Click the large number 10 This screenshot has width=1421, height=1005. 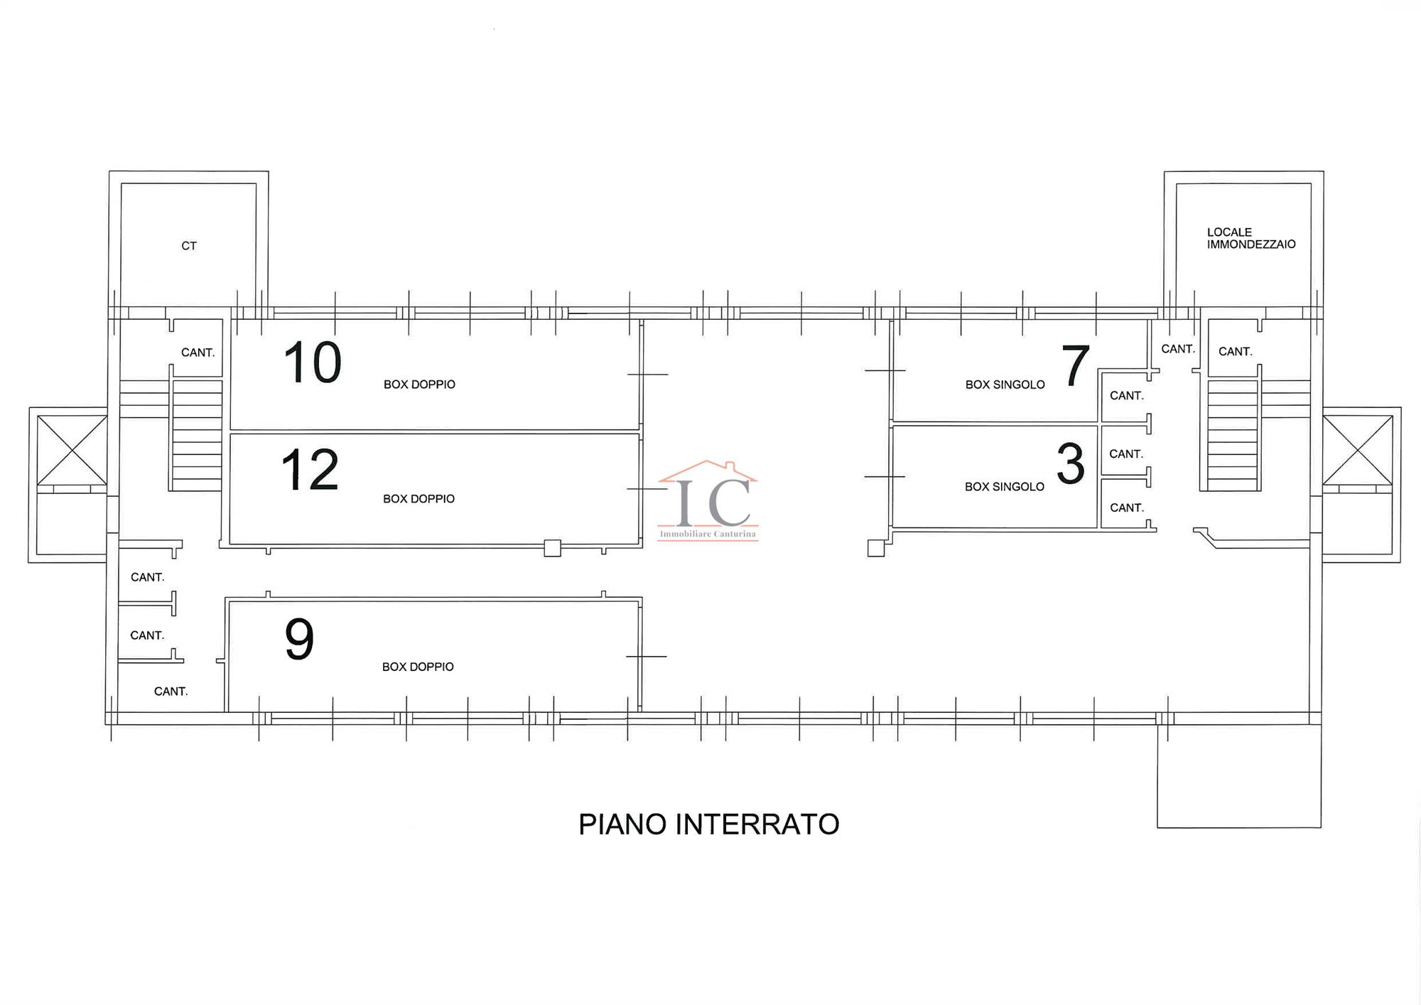pyautogui.click(x=313, y=362)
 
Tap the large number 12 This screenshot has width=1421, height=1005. pyautogui.click(x=310, y=470)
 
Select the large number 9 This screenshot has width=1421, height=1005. pyautogui.click(x=299, y=639)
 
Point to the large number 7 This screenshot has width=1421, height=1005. pyautogui.click(x=1075, y=365)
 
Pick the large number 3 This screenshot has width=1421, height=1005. pyautogui.click(x=1071, y=463)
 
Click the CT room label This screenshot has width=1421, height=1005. pyautogui.click(x=189, y=246)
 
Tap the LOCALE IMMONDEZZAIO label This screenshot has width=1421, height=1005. pyautogui.click(x=1251, y=238)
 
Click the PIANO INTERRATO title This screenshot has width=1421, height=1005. pyautogui.click(x=709, y=824)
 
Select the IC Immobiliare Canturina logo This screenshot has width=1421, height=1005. pyautogui.click(x=708, y=500)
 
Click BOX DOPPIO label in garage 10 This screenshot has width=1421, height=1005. pyautogui.click(x=419, y=385)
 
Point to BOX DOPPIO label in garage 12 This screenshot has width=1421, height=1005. pyautogui.click(x=418, y=499)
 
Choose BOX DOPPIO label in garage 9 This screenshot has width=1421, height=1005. pyautogui.click(x=418, y=667)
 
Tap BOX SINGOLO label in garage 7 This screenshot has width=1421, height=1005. pyautogui.click(x=1005, y=385)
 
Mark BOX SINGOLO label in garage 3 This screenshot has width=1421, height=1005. pyautogui.click(x=1004, y=487)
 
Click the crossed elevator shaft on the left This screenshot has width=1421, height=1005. pyautogui.click(x=72, y=450)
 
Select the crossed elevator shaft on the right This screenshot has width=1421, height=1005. pyautogui.click(x=1357, y=450)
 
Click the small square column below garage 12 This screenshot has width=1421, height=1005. pyautogui.click(x=552, y=548)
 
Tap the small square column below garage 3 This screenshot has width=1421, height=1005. pyautogui.click(x=876, y=548)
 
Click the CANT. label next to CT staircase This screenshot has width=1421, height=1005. pyautogui.click(x=198, y=353)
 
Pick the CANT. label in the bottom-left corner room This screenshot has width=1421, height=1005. pyautogui.click(x=171, y=692)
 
